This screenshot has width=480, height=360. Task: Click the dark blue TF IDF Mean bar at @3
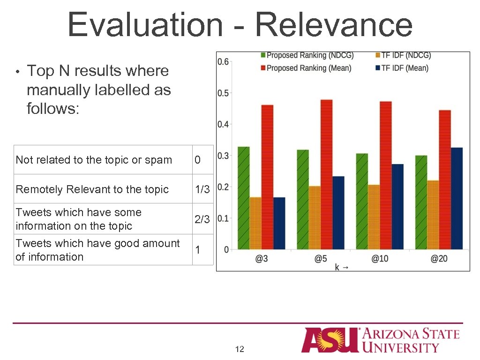click(x=279, y=223)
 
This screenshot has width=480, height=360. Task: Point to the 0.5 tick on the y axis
click(x=224, y=93)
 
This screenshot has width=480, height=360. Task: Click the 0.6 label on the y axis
click(x=224, y=62)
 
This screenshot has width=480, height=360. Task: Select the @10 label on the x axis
click(x=380, y=259)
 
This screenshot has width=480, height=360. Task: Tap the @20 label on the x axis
click(x=439, y=259)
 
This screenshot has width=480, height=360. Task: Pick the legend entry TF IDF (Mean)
click(x=404, y=68)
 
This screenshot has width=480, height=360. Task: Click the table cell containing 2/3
click(x=202, y=219)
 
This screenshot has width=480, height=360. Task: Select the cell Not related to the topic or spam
click(x=94, y=160)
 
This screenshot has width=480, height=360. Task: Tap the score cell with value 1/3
click(x=202, y=189)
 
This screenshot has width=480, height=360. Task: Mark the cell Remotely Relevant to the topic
click(x=92, y=189)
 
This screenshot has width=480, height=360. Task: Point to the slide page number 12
click(x=240, y=349)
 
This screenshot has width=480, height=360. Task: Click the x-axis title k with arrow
click(x=341, y=267)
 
